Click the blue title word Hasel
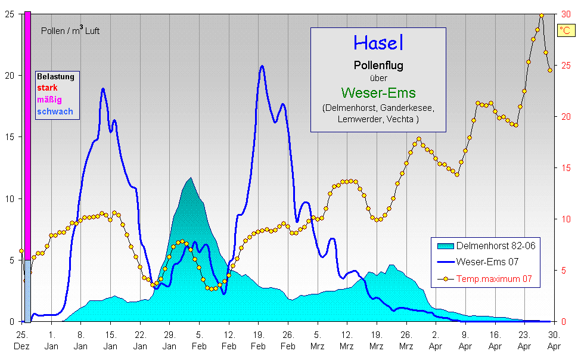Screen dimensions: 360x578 coord(378,43)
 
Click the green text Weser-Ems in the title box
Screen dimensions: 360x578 coord(378,93)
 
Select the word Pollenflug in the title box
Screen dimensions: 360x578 coord(378,66)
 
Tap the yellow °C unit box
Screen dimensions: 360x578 coord(565,30)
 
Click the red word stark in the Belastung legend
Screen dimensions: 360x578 coord(47,88)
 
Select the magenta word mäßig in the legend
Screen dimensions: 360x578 coord(49,100)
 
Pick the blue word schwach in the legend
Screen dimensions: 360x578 coord(55,111)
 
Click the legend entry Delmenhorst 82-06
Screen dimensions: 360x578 coord(492,246)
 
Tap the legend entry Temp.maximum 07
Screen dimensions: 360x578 coord(494,278)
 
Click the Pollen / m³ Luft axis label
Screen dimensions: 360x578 coord(70,31)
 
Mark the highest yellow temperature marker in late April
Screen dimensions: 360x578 coord(542,15)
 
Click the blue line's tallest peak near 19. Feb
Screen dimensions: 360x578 coord(262,66)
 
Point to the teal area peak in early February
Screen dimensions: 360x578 coord(190,178)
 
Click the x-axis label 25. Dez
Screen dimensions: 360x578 coord(22,339)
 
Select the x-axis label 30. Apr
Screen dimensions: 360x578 coord(554,339)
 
